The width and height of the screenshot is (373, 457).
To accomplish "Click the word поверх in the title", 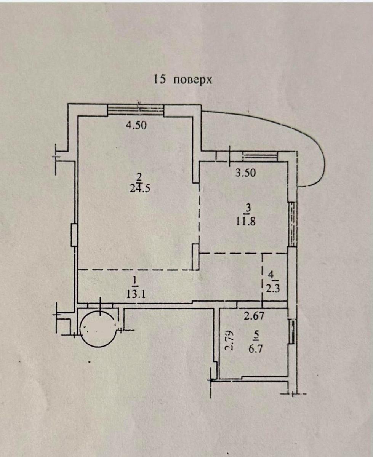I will [x=192, y=81].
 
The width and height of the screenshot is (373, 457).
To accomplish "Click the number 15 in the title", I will [x=160, y=80].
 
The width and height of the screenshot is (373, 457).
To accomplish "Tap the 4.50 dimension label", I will [x=136, y=126].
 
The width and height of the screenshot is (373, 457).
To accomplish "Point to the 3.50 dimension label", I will [x=246, y=173].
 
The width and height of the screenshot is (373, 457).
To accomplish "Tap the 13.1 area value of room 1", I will [x=134, y=294].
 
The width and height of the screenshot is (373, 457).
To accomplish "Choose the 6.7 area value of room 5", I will [x=256, y=348].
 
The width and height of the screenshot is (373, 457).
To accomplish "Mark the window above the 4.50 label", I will [x=136, y=110].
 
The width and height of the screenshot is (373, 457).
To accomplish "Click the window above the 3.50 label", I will [x=260, y=156].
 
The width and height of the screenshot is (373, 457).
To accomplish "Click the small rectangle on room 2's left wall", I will [x=74, y=235].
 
